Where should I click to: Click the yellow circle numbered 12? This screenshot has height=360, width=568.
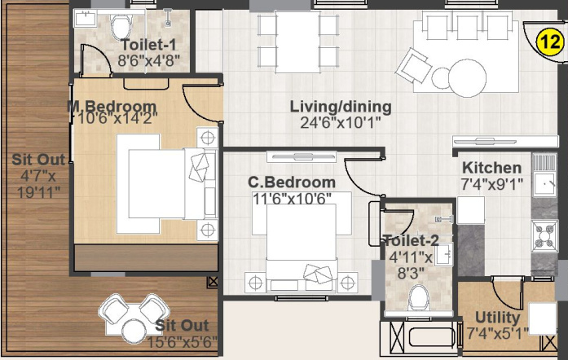point(549,42)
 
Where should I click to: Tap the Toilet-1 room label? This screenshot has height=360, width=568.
point(148,45)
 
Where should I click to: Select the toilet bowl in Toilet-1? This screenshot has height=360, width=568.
point(121,26)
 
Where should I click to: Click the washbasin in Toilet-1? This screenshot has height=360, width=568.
point(86,19)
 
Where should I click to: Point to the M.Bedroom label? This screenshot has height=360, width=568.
point(112,107)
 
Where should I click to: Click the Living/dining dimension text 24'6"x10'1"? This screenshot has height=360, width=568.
point(341,123)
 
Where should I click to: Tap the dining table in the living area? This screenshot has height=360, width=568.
point(297,42)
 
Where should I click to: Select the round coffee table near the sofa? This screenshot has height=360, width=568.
point(467,78)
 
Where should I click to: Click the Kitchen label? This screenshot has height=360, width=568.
point(492,168)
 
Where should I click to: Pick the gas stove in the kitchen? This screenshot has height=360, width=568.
point(544,235)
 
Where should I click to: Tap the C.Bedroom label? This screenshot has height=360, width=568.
point(292,182)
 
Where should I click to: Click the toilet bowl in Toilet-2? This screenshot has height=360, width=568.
point(419,298)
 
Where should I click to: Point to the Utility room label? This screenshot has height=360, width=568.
point(497,318)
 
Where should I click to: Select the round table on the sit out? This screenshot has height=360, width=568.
point(134,331)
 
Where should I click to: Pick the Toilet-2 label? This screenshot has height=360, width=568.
point(411,241)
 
